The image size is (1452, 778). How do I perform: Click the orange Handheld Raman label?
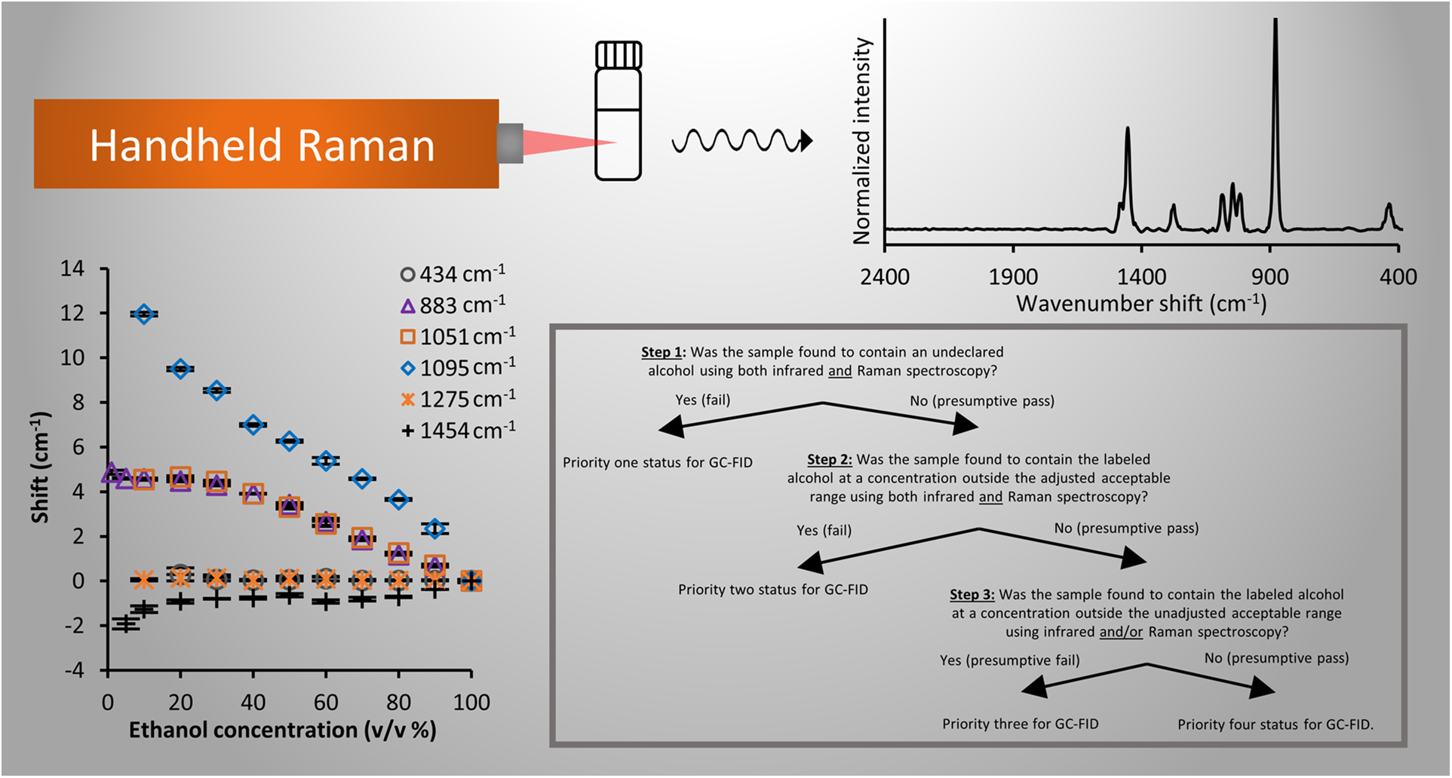(266, 143)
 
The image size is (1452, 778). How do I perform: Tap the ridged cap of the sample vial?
(619, 54)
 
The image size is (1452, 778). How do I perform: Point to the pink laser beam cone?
(569, 142)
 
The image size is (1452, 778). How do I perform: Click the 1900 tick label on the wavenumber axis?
(1013, 277)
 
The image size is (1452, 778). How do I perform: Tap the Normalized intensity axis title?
(861, 141)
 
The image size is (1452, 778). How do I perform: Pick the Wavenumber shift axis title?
(1141, 303)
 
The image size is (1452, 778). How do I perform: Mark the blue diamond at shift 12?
(143, 314)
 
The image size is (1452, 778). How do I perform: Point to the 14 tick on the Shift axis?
(72, 268)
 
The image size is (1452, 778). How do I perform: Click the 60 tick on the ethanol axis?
(326, 703)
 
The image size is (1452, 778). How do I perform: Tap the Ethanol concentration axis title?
(283, 730)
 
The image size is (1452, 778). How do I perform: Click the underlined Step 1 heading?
(662, 352)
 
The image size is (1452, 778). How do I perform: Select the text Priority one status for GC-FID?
(658, 463)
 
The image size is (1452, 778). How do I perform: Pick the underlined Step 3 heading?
(972, 595)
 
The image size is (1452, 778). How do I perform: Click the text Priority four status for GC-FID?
(1275, 724)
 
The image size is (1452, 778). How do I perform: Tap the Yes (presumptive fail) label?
(1010, 660)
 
